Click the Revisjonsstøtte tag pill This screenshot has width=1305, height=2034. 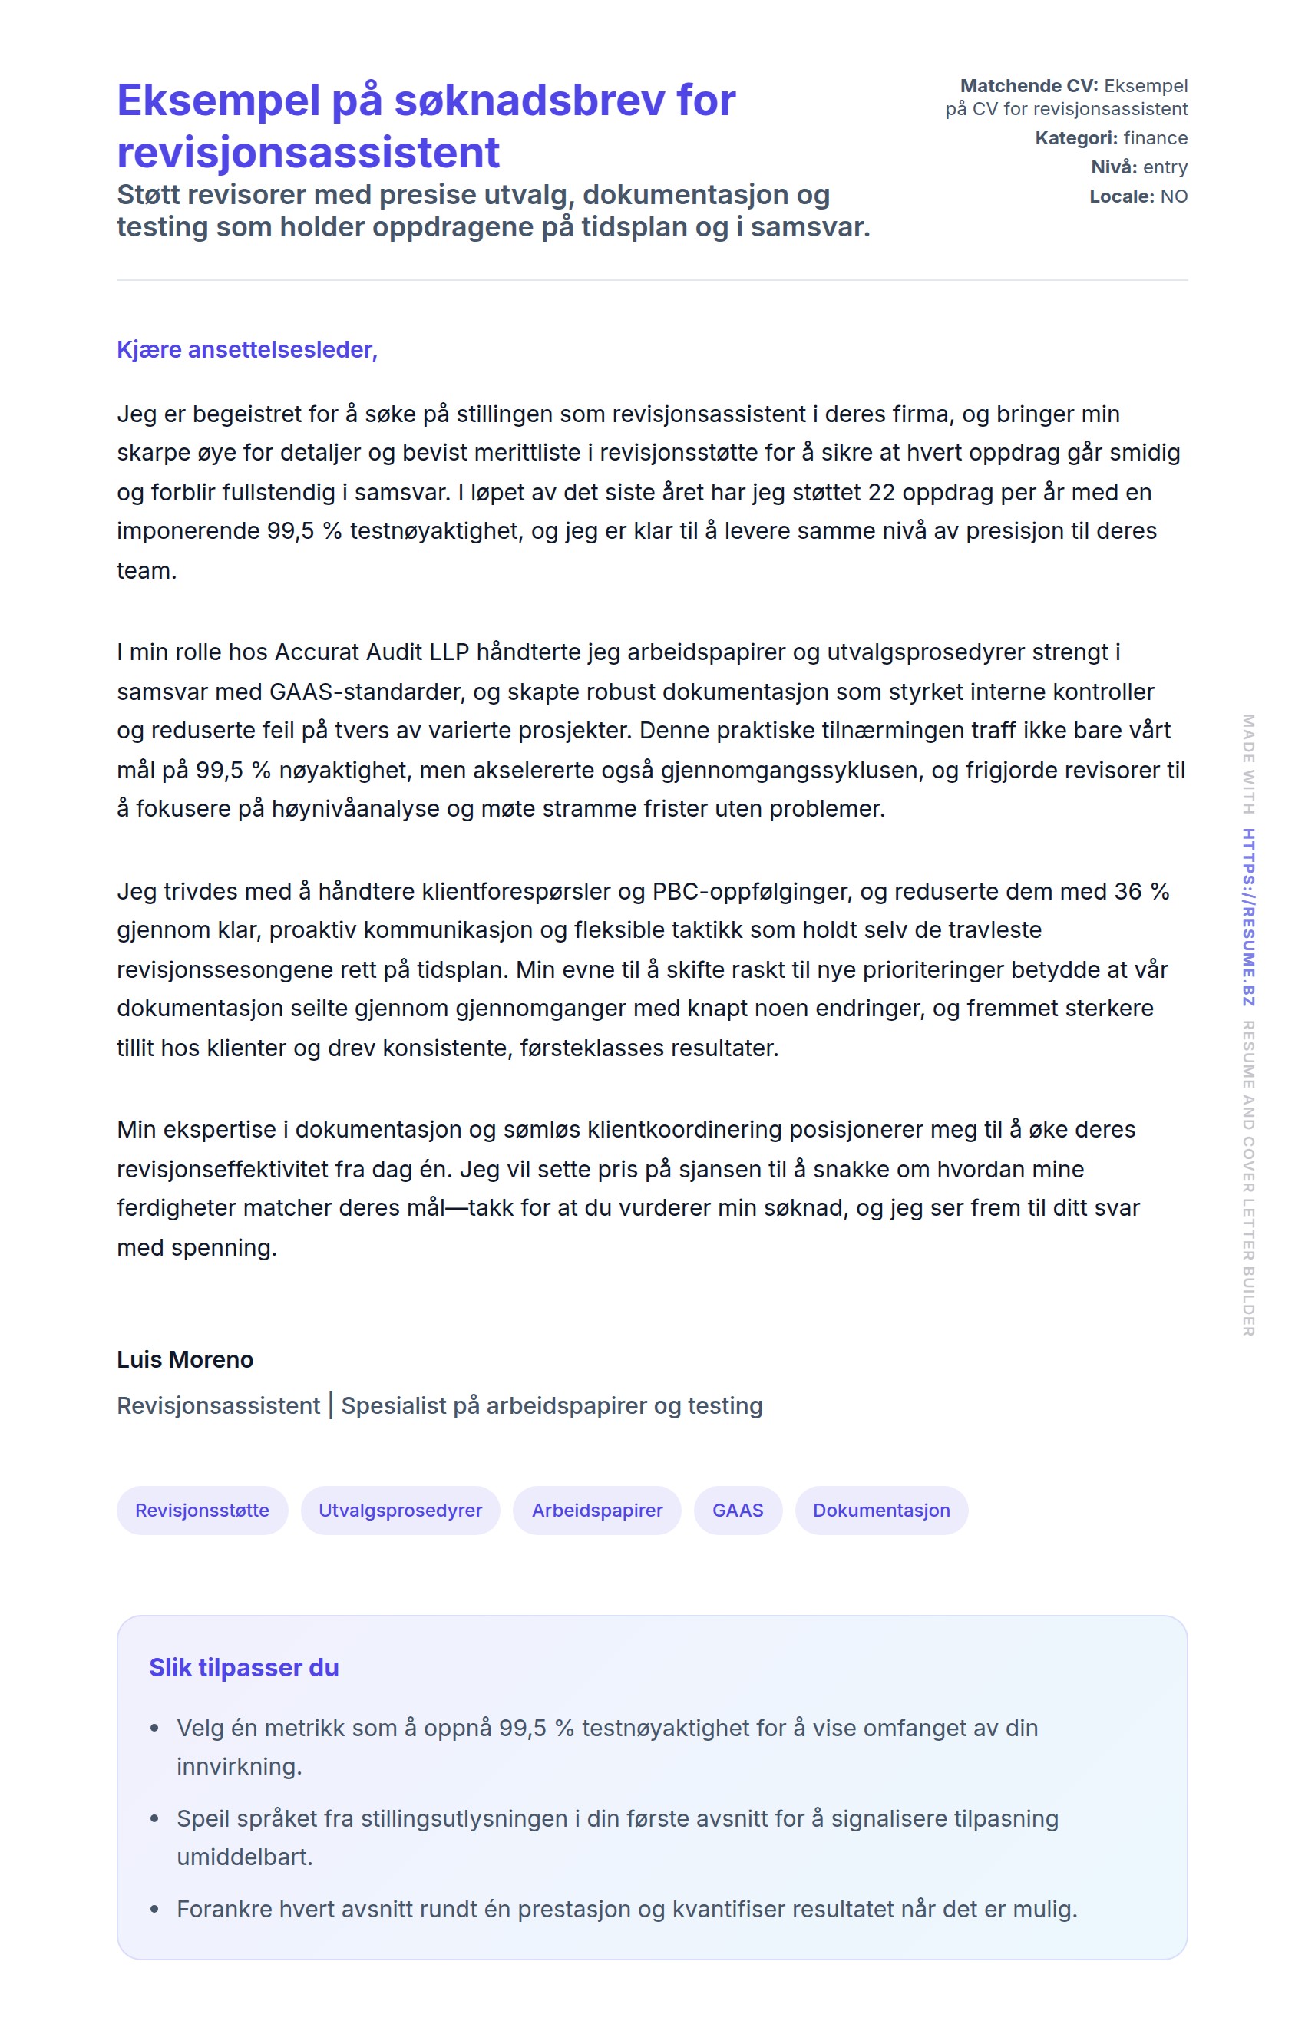point(202,1510)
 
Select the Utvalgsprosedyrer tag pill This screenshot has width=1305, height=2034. point(400,1510)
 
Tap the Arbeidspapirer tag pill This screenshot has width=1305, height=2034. point(596,1510)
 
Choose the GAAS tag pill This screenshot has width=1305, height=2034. point(737,1510)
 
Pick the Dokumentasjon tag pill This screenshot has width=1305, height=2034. point(881,1510)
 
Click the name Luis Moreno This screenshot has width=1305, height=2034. point(185,1359)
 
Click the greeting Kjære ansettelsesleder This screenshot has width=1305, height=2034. point(246,350)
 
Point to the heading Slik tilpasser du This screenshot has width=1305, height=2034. point(244,1667)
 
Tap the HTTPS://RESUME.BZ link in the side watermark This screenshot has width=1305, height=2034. point(1248,917)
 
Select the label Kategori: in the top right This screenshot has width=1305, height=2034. point(1076,138)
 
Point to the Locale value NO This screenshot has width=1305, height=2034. point(1174,196)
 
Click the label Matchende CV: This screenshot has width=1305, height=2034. point(1029,85)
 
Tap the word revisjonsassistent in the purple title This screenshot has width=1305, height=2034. point(308,153)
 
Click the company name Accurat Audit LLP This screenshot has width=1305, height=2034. point(372,652)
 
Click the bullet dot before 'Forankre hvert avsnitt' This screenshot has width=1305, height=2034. point(154,1910)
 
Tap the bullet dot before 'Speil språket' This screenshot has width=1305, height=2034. point(154,1819)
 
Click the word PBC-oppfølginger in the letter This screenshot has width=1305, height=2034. point(749,891)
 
